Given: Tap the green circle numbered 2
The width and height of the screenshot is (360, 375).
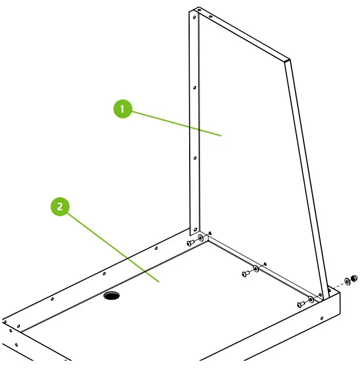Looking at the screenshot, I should tap(60, 206).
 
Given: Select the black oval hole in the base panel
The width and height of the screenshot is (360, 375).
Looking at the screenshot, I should tap(111, 296).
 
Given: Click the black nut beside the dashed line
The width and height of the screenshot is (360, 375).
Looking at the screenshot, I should tap(353, 278).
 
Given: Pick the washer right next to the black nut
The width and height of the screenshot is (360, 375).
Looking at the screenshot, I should tap(346, 282).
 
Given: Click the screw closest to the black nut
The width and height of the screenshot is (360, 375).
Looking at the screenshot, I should tap(302, 305).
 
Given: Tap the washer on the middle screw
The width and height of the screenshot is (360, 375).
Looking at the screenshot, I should tap(255, 268).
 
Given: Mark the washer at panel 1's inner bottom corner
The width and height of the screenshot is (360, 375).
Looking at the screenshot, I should tap(201, 237).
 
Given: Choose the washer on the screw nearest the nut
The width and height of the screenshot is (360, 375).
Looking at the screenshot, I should tap(311, 300).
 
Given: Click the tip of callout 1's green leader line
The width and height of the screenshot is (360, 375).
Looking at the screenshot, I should tap(221, 135).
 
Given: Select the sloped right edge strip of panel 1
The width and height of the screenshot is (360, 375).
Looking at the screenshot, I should tap(307, 171).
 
